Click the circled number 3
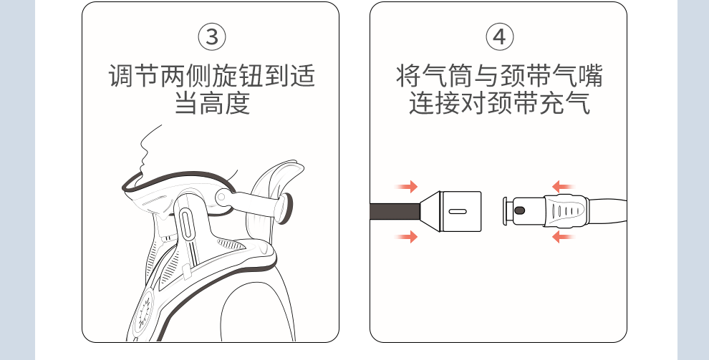[212, 37]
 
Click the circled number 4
[499, 37]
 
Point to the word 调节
[135, 75]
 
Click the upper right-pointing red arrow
[407, 188]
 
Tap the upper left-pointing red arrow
[563, 188]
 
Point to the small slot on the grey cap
[458, 212]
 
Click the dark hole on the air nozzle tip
[520, 210]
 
